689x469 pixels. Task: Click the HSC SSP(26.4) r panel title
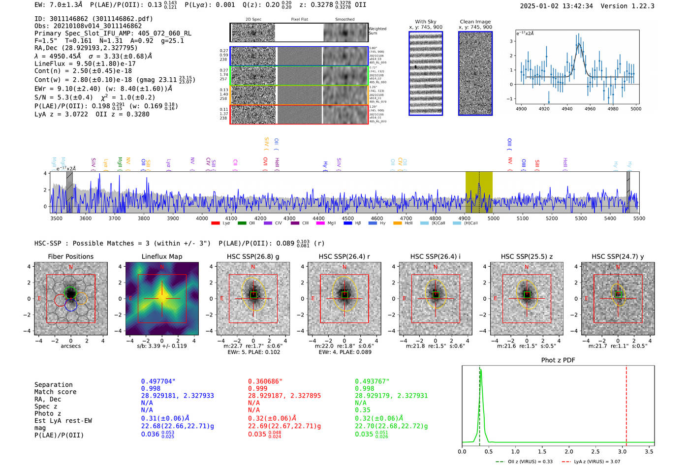[344, 256]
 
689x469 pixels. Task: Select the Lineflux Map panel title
[161, 256]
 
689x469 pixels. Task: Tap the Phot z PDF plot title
[558, 360]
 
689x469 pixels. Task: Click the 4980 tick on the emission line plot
[613, 109]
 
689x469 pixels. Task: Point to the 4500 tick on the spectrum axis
[347, 219]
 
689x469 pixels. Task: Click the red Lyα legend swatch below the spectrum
[215, 223]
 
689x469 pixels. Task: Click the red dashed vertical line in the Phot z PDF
[626, 404]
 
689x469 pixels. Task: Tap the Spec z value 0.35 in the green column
[362, 410]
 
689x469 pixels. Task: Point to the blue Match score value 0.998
[151, 389]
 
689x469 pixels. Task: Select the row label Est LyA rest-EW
[63, 421]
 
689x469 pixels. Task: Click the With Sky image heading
[425, 22]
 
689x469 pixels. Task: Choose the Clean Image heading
[475, 22]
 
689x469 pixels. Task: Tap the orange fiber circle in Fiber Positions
[82, 298]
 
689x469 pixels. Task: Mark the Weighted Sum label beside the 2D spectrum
[377, 31]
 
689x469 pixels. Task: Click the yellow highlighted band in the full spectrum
[479, 192]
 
